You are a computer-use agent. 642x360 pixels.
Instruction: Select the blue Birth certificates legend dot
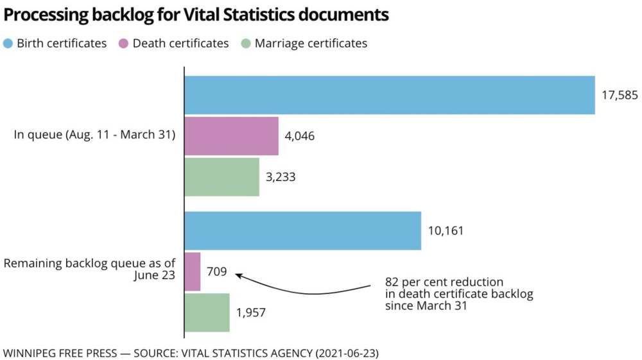pyautogui.click(x=8, y=44)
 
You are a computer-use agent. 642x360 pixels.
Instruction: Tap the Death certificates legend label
pyautogui.click(x=180, y=44)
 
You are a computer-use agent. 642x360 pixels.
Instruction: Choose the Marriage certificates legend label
pyautogui.click(x=311, y=44)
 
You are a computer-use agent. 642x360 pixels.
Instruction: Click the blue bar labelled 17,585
pyautogui.click(x=389, y=95)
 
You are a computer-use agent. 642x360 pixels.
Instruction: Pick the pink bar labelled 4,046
pyautogui.click(x=231, y=136)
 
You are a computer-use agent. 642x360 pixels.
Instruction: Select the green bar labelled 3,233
pyautogui.click(x=221, y=177)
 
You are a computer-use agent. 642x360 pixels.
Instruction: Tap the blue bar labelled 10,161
pyautogui.click(x=302, y=231)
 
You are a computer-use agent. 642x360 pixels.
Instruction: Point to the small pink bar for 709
pyautogui.click(x=193, y=271)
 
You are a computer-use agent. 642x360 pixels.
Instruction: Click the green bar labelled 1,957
pyautogui.click(x=207, y=313)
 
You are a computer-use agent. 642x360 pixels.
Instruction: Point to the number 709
pyautogui.click(x=216, y=271)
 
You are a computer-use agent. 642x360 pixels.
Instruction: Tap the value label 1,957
pyautogui.click(x=251, y=313)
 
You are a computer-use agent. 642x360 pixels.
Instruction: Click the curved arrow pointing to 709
pyautogui.click(x=302, y=290)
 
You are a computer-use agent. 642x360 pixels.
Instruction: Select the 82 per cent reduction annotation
pyautogui.click(x=459, y=294)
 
